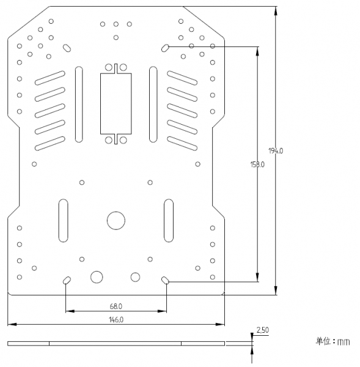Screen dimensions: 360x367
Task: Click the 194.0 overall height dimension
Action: pyautogui.click(x=276, y=151)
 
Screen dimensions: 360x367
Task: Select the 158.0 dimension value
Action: pyautogui.click(x=257, y=165)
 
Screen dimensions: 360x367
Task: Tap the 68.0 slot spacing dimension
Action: pyautogui.click(x=116, y=306)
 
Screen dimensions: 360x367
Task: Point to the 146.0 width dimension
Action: pyautogui.click(x=116, y=320)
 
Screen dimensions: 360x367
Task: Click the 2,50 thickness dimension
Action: pyautogui.click(x=262, y=330)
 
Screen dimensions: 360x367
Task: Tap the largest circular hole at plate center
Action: pyautogui.click(x=116, y=220)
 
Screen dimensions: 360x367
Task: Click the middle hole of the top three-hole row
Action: pyautogui.click(x=116, y=24)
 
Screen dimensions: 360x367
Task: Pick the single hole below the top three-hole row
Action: pyautogui.click(x=116, y=37)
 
